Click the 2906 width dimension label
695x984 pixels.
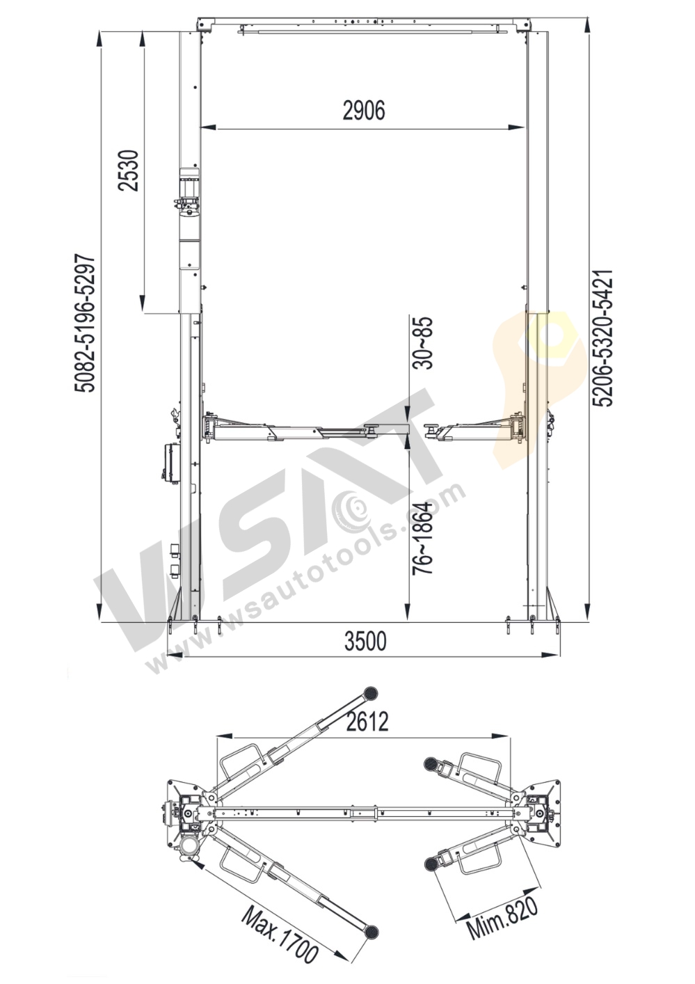pyautogui.click(x=364, y=111)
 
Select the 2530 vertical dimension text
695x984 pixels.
pyautogui.click(x=129, y=171)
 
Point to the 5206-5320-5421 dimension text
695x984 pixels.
pyautogui.click(x=602, y=338)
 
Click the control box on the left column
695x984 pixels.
pyautogui.click(x=170, y=461)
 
